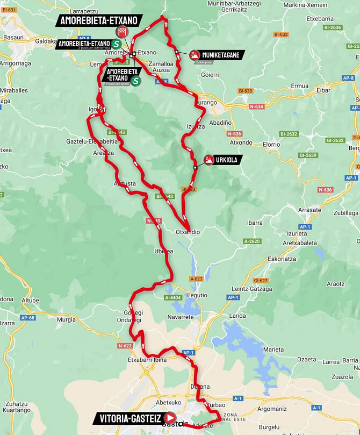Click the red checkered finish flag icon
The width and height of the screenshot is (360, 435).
click(122, 31)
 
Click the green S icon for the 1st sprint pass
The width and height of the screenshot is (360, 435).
click(136, 81)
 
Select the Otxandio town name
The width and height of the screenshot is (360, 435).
click(188, 232)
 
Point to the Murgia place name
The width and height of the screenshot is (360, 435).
click(66, 319)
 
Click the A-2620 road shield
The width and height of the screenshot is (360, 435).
click(251, 241)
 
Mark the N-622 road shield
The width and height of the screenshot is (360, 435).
click(125, 346)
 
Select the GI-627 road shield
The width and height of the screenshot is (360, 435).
click(260, 281)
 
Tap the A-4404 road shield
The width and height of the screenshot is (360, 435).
click(173, 298)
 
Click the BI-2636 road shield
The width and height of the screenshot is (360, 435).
click(333, 27)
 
